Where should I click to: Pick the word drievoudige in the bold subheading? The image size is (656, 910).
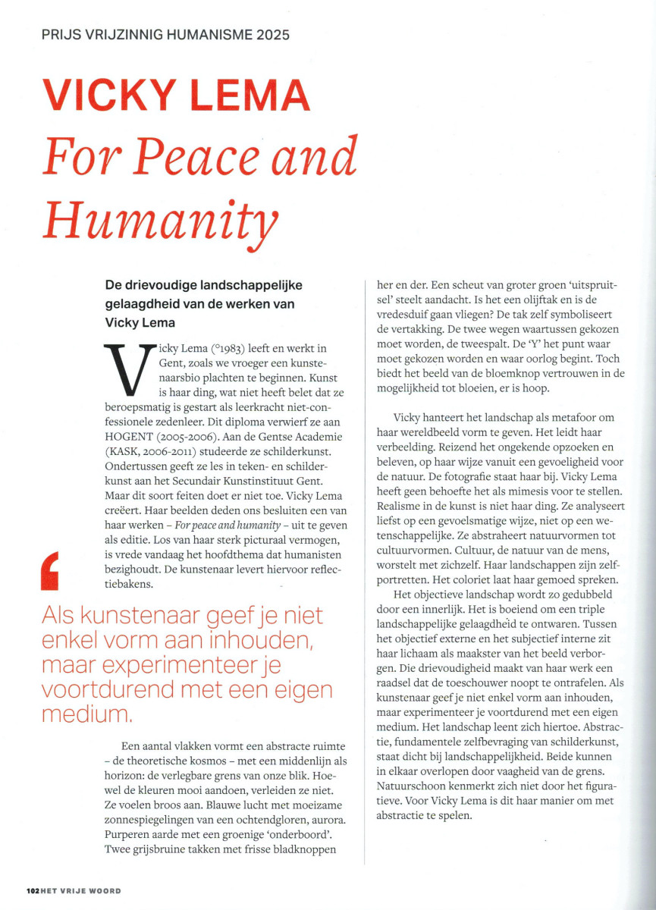pyautogui.click(x=153, y=285)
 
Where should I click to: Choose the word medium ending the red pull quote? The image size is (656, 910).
pyautogui.click(x=85, y=714)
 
